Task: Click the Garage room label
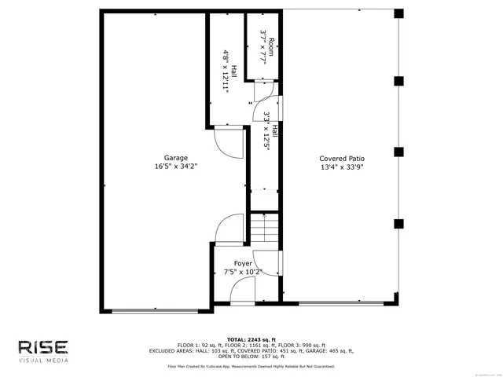176,157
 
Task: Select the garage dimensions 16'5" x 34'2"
176,167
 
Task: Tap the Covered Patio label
342,158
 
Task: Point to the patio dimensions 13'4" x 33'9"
342,167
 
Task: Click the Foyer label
243,264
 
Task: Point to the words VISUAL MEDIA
43,361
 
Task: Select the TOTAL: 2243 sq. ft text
251,339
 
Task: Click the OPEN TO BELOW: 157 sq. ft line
251,357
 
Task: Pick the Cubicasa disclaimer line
251,366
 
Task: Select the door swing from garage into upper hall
229,141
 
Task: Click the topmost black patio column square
398,14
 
